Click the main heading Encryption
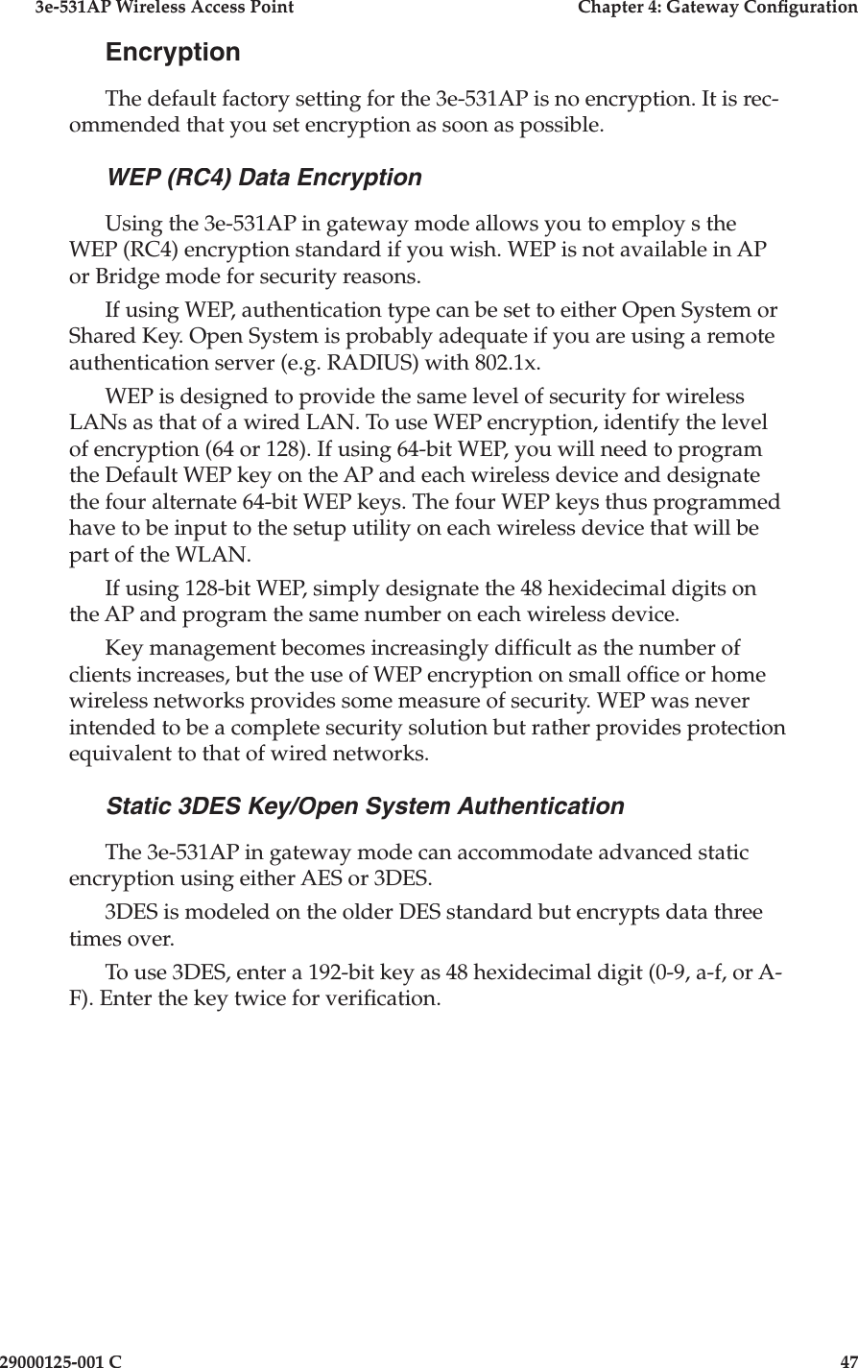click(x=173, y=52)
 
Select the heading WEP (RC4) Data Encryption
click(x=263, y=179)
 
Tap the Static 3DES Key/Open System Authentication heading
click(x=365, y=806)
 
